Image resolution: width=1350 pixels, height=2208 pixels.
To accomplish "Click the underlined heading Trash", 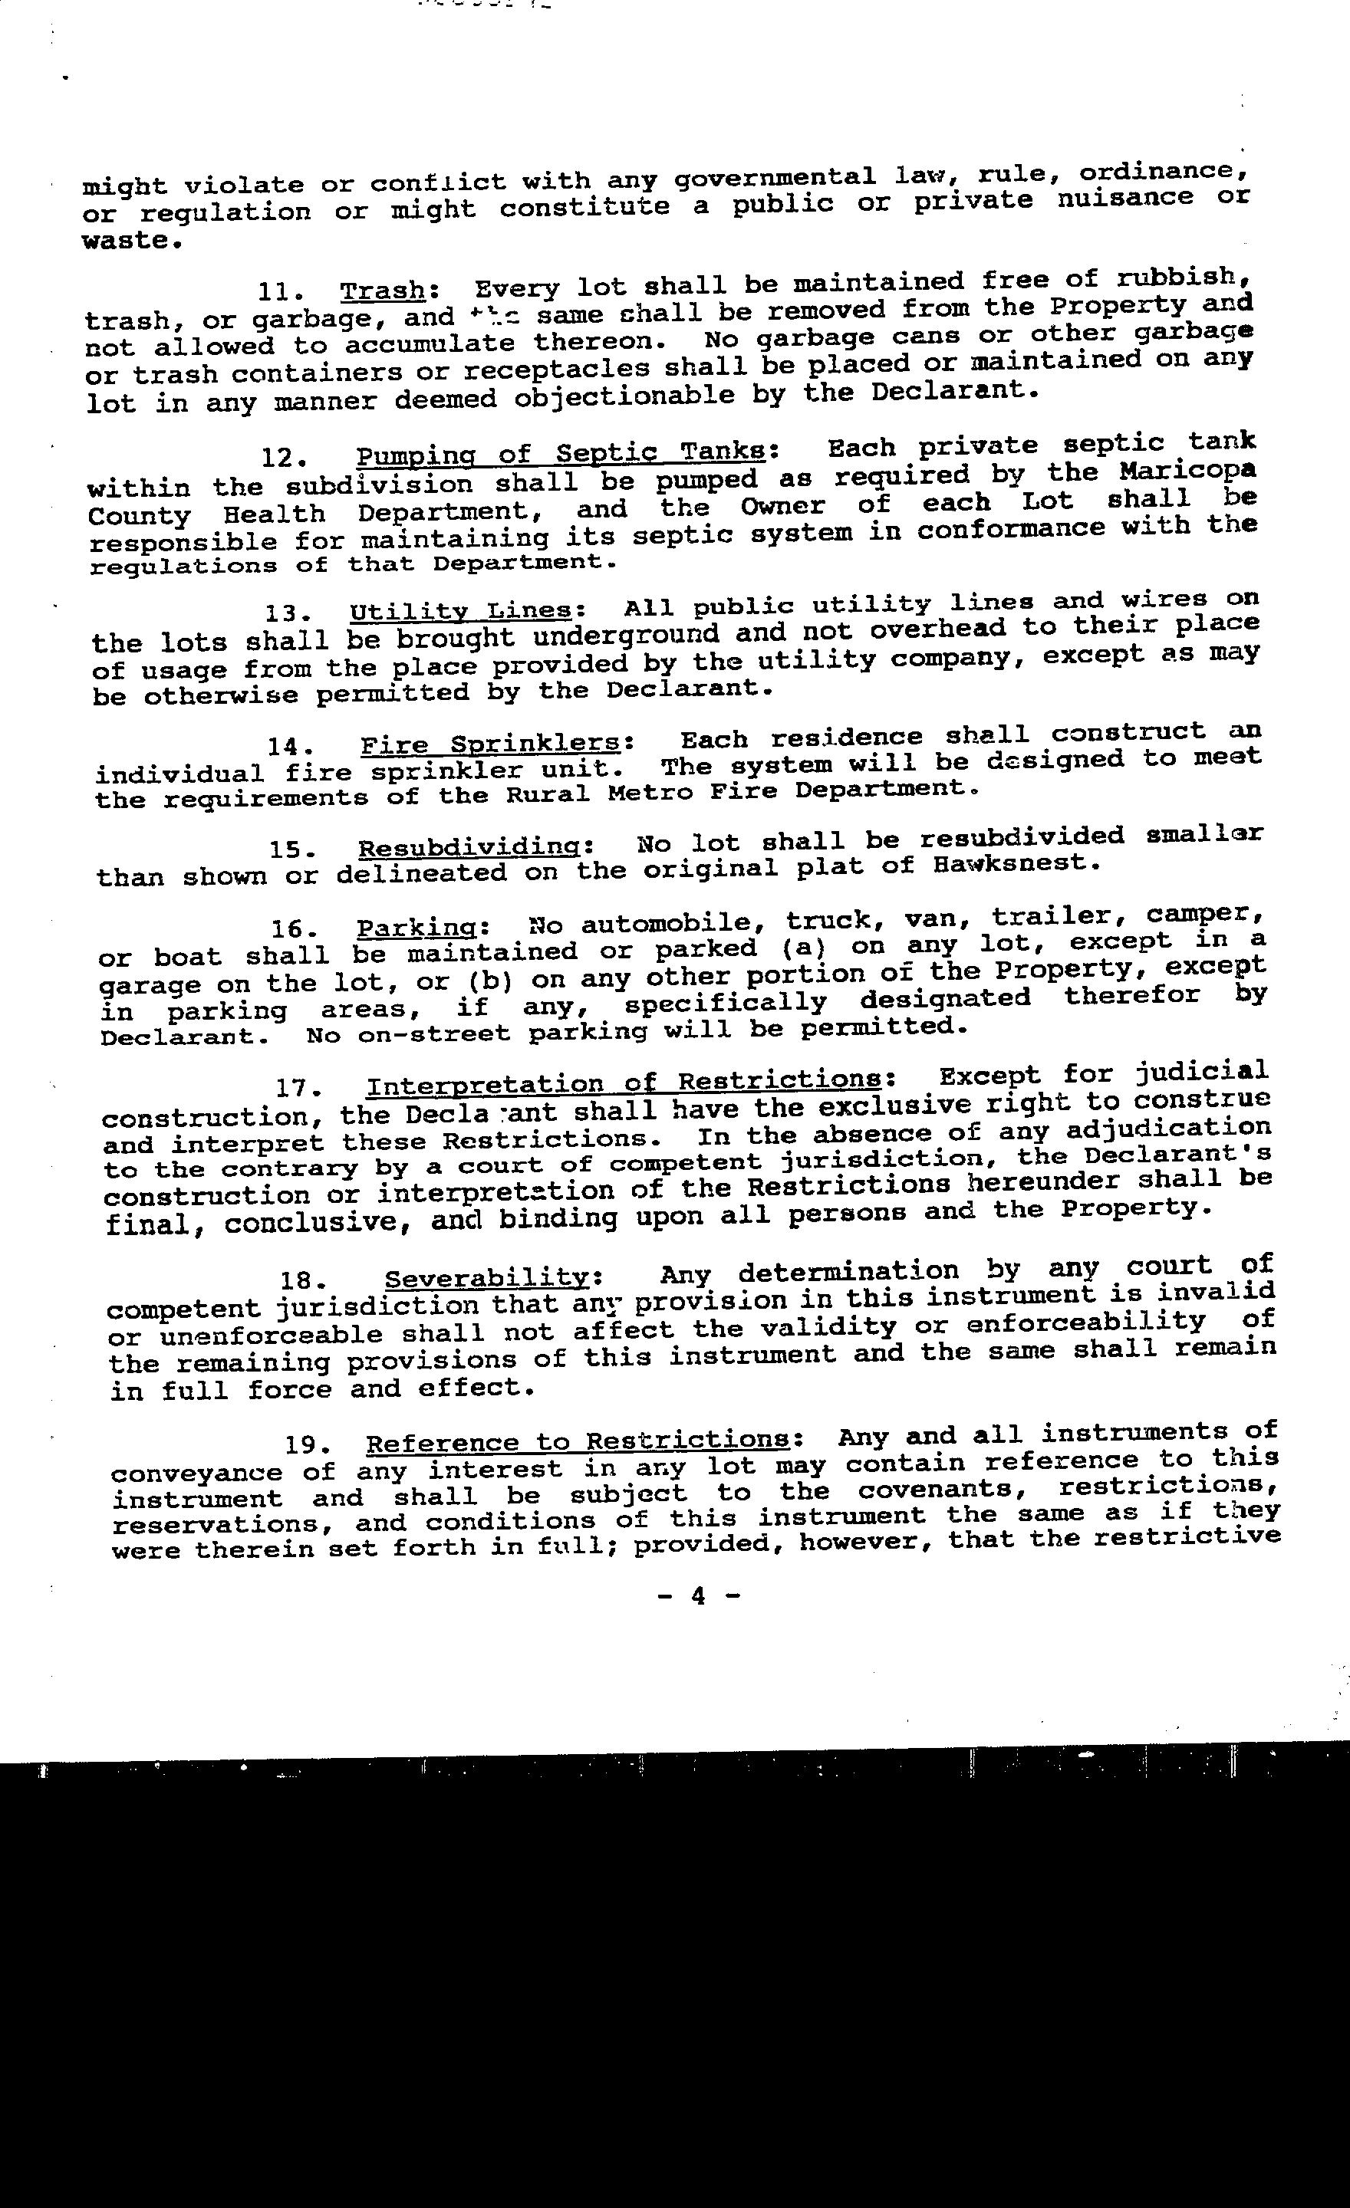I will tap(383, 291).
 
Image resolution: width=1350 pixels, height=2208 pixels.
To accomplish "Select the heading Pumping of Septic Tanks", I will tap(561, 453).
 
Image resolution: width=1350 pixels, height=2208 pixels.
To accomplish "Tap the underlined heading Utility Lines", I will tap(460, 611).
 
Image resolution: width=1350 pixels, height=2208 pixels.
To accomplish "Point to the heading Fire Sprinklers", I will tap(490, 744).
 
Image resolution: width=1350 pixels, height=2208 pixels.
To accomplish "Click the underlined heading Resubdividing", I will tap(475, 847).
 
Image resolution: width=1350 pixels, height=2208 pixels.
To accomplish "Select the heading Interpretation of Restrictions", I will tap(623, 1084).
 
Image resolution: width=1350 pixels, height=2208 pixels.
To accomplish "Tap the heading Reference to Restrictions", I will tap(578, 1442).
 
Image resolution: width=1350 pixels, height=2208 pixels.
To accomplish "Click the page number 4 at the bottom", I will tap(698, 1596).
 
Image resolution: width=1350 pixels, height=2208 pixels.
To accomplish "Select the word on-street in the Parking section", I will tap(433, 1034).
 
